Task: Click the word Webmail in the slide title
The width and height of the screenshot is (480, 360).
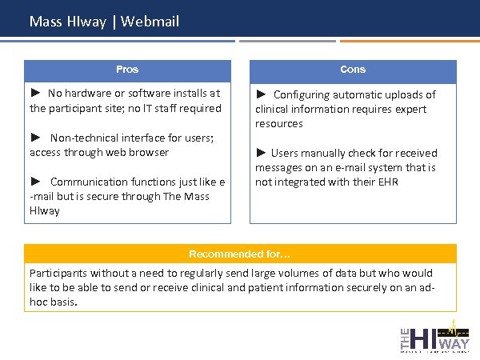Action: [x=152, y=21]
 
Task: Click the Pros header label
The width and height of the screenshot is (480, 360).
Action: [x=127, y=70]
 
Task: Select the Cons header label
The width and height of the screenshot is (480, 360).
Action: [x=353, y=70]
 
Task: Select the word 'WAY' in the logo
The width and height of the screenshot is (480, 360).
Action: [x=455, y=344]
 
